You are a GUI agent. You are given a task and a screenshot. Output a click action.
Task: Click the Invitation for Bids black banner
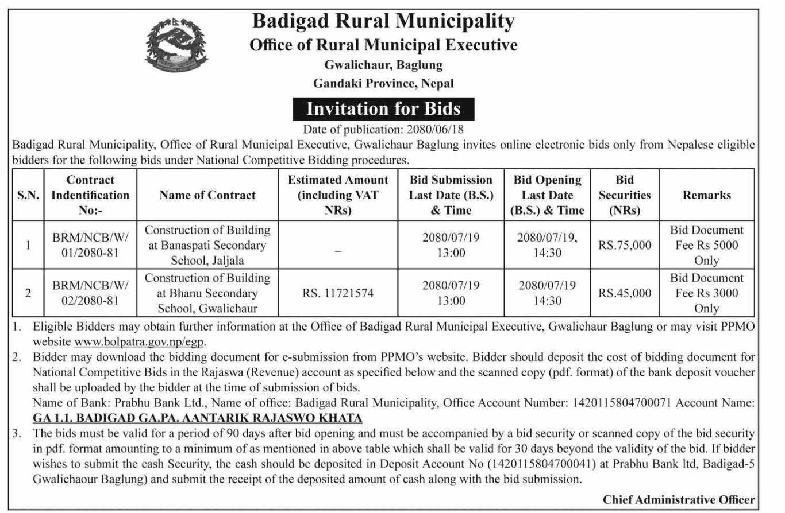[383, 108]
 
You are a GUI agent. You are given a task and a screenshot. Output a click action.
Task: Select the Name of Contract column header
[207, 195]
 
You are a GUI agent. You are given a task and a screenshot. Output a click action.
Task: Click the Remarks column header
[706, 195]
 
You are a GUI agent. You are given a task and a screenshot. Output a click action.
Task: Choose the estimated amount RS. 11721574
[338, 293]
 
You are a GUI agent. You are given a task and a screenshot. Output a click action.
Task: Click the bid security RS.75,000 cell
[625, 245]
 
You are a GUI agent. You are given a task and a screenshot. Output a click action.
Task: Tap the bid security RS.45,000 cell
[625, 293]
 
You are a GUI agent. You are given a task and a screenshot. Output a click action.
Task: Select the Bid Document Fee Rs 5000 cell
[706, 245]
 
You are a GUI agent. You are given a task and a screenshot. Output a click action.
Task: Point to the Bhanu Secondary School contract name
[207, 293]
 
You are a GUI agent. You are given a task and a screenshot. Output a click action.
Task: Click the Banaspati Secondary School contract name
[207, 245]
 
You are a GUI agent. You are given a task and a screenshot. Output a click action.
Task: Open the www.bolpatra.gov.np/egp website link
[140, 342]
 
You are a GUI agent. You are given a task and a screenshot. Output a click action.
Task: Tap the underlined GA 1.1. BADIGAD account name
[198, 418]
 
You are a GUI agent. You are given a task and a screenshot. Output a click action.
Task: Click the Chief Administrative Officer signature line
[679, 500]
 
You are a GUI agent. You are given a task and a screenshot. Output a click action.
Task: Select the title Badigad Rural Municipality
[383, 22]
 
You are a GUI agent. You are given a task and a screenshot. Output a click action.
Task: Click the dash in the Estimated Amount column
[338, 251]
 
